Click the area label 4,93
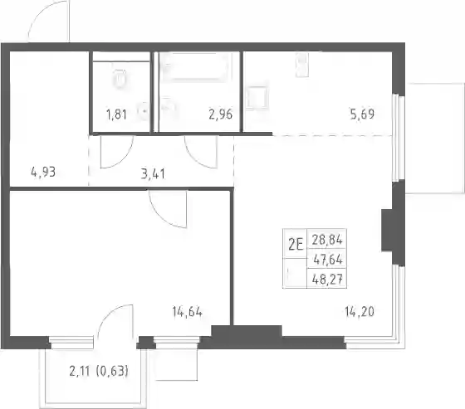tap(43, 172)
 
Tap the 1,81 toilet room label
tap(116, 114)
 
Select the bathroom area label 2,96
tap(221, 114)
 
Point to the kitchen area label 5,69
tap(362, 114)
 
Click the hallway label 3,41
tap(153, 174)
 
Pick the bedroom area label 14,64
tap(188, 312)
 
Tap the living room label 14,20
tap(360, 311)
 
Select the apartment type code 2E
tap(296, 245)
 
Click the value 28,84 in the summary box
tap(327, 240)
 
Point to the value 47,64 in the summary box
tap(328, 260)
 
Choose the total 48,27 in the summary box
tap(327, 280)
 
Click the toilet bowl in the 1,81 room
tap(120, 79)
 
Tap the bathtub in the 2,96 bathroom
tap(194, 66)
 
